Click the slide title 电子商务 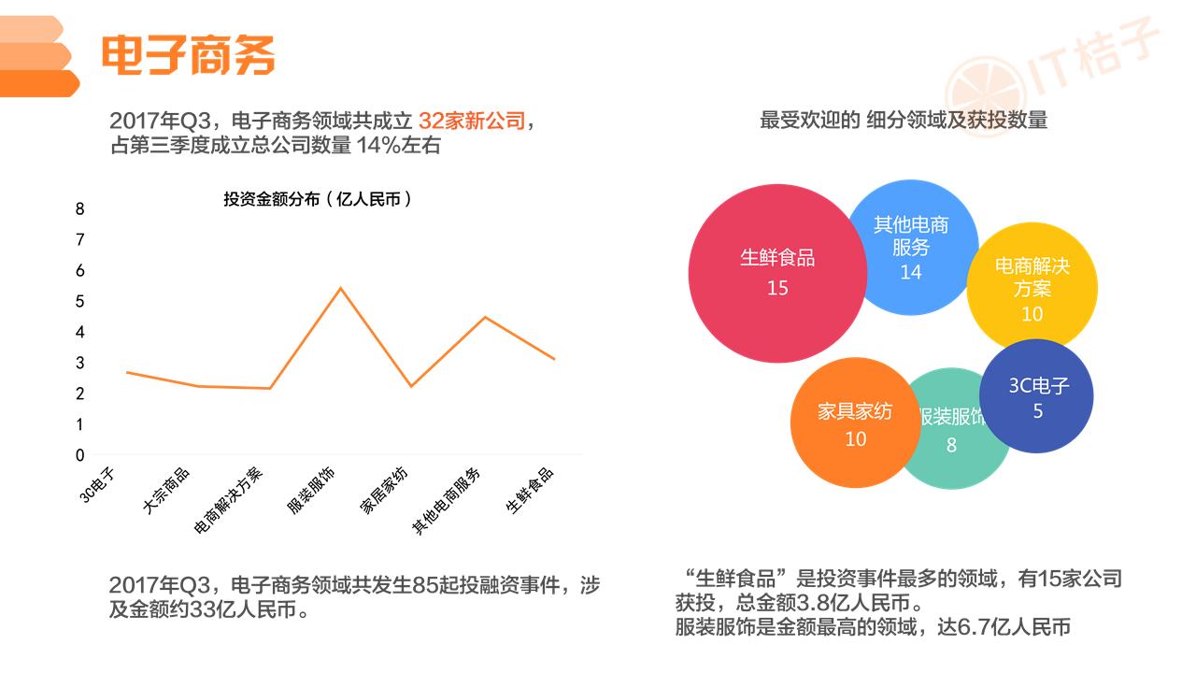[188, 54]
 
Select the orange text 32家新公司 [472, 121]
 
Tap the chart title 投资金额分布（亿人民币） [317, 199]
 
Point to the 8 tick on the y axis [80, 208]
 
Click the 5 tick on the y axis [80, 301]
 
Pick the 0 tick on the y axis [80, 455]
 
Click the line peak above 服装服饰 [341, 289]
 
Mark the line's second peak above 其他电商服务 [485, 317]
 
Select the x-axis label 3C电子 [97, 485]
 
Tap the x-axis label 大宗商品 [166, 491]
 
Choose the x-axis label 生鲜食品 [530, 491]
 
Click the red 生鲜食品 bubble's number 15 [777, 289]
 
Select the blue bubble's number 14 [911, 272]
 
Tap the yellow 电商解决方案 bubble [1032, 287]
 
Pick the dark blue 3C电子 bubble [1036, 396]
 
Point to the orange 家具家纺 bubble [855, 422]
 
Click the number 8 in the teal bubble [951, 445]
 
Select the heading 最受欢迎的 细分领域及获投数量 [904, 121]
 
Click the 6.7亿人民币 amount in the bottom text [1015, 627]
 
